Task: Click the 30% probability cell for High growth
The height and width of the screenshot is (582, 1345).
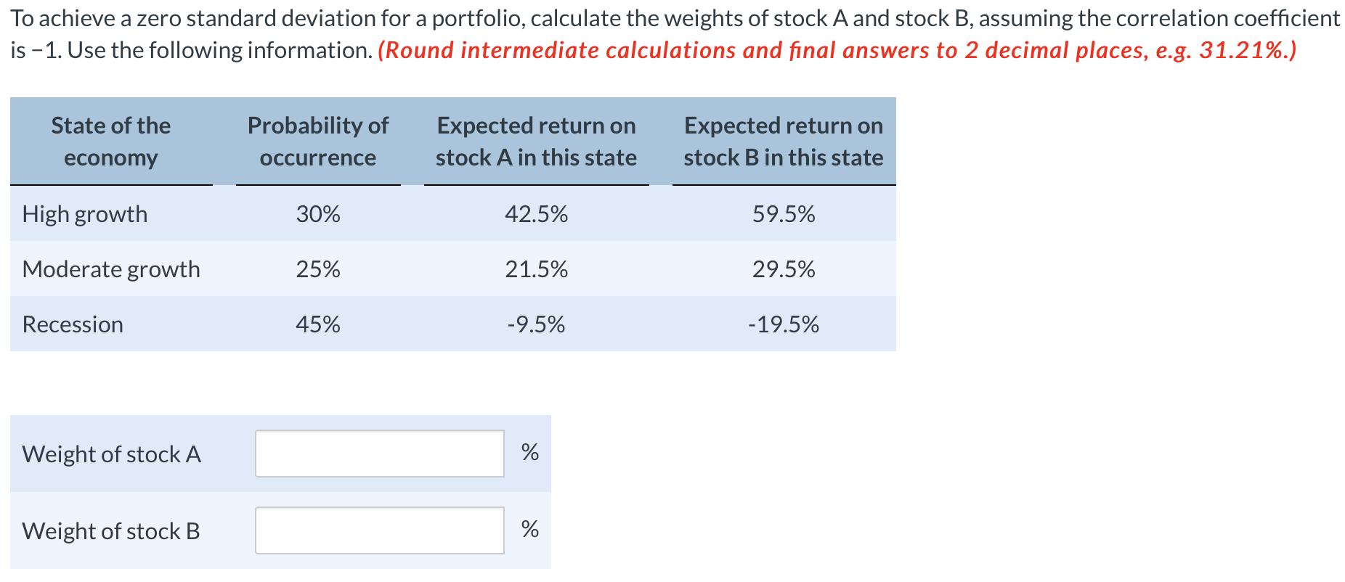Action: tap(318, 214)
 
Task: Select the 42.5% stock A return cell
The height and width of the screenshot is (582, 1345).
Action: tap(536, 214)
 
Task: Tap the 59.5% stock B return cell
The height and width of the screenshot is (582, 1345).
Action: tap(784, 214)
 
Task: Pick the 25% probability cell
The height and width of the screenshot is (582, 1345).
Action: tap(318, 269)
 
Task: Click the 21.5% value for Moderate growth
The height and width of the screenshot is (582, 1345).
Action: tap(536, 269)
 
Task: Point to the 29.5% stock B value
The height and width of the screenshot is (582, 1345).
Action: tap(784, 269)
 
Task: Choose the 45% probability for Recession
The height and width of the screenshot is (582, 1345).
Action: tap(318, 324)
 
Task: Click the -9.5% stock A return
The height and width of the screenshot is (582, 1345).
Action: tap(536, 324)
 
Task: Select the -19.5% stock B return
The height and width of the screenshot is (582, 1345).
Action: tap(784, 324)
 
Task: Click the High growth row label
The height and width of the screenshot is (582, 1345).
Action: tap(85, 214)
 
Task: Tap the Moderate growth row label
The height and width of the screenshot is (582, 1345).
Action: tap(111, 269)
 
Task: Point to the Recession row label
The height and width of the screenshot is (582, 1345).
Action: tap(73, 324)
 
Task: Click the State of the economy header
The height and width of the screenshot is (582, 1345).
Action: tap(111, 142)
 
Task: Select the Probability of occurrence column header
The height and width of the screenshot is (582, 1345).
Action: tap(318, 142)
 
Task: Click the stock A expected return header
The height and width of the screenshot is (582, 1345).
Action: tap(536, 142)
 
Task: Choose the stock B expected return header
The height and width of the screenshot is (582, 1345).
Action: tap(784, 142)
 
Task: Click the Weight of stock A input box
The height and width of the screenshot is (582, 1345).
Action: tap(379, 454)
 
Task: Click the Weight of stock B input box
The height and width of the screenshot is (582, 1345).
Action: tap(379, 530)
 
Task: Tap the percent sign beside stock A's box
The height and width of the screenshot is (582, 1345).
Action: tap(530, 452)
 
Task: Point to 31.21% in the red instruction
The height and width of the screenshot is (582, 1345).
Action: tap(1241, 50)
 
